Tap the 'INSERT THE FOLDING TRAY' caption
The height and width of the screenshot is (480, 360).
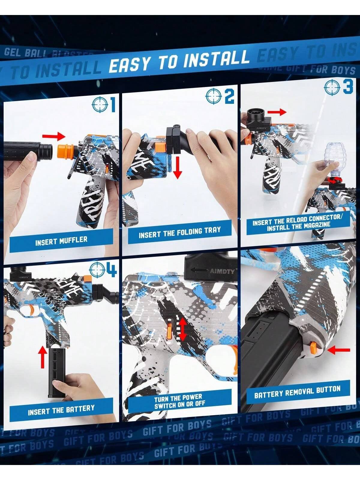(x=179, y=232)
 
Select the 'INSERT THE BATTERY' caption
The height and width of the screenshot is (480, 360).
(x=61, y=410)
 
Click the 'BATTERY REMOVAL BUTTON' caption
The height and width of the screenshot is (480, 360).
(x=297, y=391)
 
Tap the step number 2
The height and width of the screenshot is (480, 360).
(x=229, y=97)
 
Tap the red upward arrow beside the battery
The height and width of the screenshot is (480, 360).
(x=43, y=357)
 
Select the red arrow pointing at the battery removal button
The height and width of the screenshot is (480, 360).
(x=339, y=350)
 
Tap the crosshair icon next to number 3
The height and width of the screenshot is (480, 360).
(x=332, y=87)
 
